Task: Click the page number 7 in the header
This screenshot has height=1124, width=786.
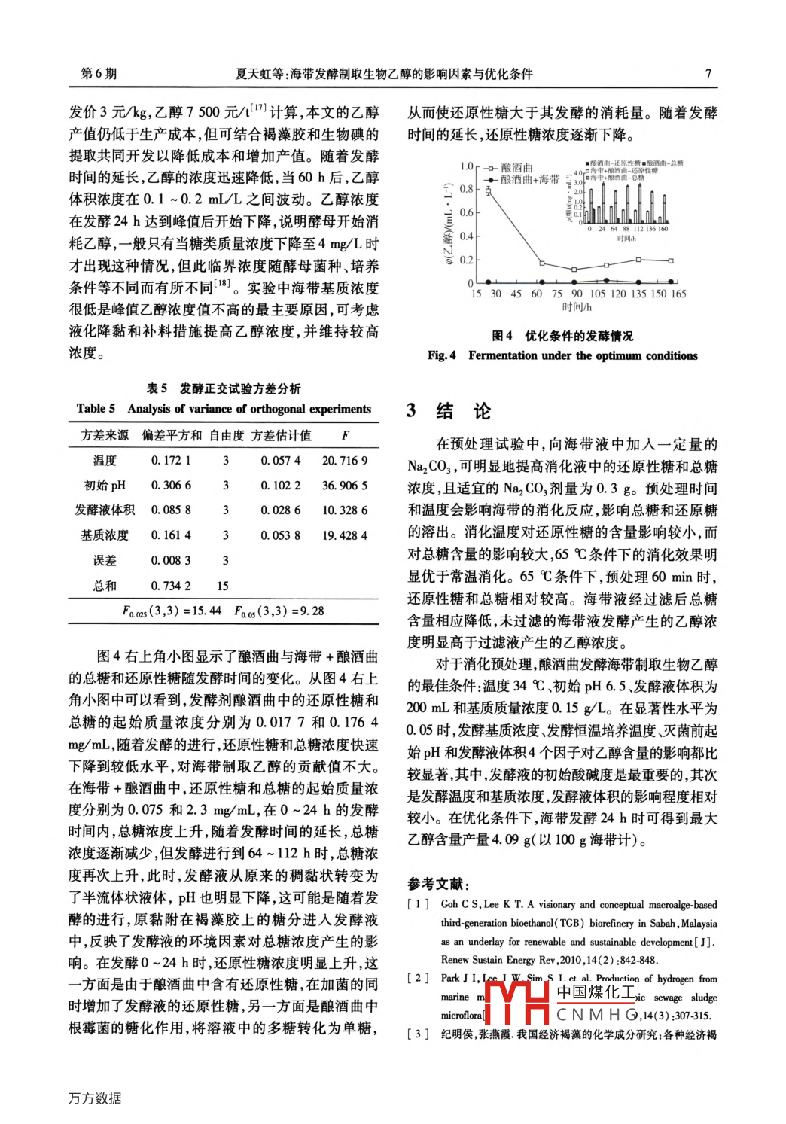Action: (x=708, y=74)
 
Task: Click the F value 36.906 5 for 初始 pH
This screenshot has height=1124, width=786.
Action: (x=345, y=486)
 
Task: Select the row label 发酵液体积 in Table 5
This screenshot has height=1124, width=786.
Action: (x=105, y=510)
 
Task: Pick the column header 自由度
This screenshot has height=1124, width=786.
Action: (x=227, y=436)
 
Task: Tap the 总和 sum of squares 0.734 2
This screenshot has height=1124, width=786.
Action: (x=171, y=586)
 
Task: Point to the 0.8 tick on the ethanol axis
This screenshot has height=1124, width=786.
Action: (x=467, y=189)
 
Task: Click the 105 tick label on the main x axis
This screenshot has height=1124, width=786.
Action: (x=597, y=294)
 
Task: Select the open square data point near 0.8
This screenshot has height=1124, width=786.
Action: (x=488, y=191)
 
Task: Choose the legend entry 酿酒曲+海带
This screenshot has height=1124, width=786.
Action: (x=529, y=180)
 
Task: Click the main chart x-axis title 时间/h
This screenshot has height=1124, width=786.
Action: (x=577, y=307)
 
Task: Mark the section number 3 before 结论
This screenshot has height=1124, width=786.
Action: (x=411, y=411)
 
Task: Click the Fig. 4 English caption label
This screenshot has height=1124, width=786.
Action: (x=442, y=356)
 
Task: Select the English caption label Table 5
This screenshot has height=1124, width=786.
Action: (x=96, y=409)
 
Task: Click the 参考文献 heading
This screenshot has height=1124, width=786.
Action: (x=438, y=885)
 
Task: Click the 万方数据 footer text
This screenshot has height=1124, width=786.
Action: (x=95, y=1098)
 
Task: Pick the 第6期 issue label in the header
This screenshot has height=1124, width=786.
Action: (x=99, y=74)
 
